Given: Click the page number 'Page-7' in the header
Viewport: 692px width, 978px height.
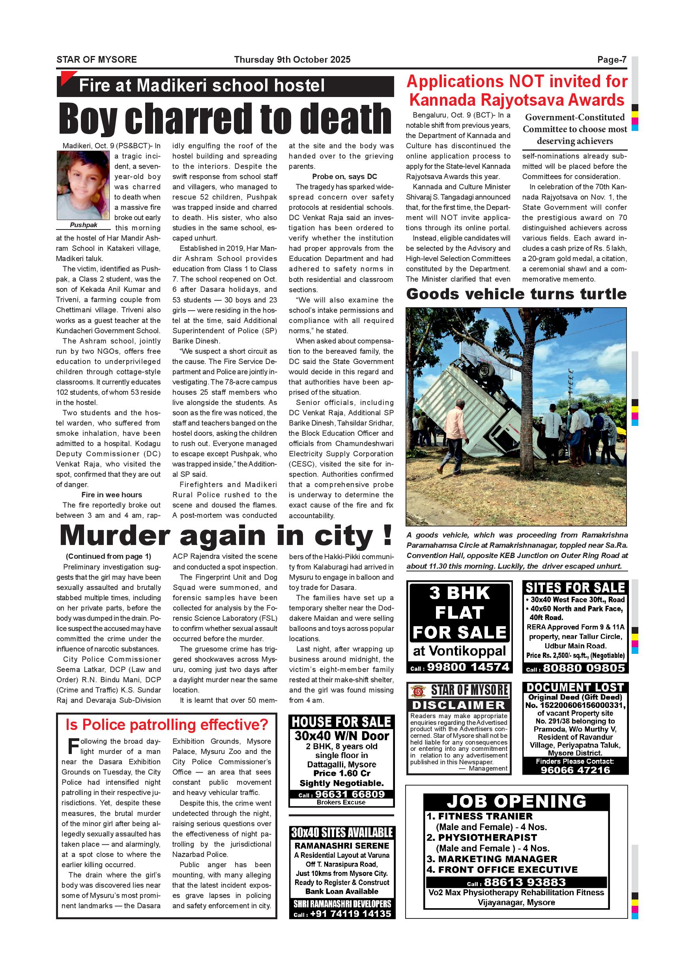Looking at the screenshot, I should [x=612, y=60].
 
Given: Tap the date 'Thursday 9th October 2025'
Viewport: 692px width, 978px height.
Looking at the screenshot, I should [x=292, y=60].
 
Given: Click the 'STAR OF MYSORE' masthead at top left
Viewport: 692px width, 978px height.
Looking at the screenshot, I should [x=97, y=60].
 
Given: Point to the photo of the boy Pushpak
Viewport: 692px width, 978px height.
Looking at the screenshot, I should [x=84, y=185].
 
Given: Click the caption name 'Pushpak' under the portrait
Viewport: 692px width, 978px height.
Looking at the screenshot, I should [x=84, y=225].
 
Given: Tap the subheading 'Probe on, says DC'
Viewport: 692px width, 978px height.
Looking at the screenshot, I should [x=344, y=176].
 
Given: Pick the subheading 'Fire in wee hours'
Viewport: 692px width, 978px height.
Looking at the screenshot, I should [x=112, y=495].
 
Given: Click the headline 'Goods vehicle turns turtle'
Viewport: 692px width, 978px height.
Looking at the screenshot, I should [x=516, y=294].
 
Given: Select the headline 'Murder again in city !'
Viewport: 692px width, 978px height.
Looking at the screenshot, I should [x=226, y=536].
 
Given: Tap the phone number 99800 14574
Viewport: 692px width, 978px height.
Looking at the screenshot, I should [x=468, y=667].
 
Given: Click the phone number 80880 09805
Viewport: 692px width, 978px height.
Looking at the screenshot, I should [x=584, y=668].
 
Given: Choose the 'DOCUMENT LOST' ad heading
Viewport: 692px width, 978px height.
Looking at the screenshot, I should [x=575, y=687].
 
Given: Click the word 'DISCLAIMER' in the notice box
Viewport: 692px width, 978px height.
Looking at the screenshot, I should [x=458, y=705].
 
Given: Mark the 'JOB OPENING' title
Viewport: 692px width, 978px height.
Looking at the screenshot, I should [x=516, y=802].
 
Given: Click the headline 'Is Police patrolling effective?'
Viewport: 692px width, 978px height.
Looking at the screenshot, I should [x=166, y=724].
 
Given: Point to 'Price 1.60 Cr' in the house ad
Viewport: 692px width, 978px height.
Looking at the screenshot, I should [x=342, y=773].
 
